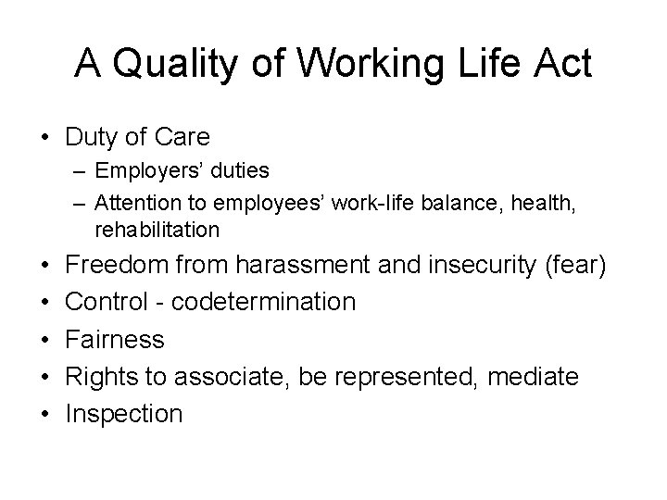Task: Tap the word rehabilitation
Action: [x=157, y=228]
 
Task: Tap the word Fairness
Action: [x=115, y=339]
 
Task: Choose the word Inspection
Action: [x=124, y=413]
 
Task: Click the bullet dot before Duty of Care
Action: [x=44, y=139]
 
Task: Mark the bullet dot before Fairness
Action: [x=44, y=340]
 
